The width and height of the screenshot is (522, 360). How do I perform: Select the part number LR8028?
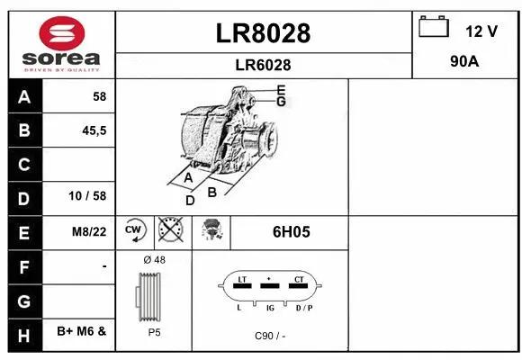coord(264,33)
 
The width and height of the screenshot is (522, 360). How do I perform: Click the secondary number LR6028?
coord(264,65)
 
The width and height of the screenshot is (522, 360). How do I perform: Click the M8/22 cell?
coord(89,231)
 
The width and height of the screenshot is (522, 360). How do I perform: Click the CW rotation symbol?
coord(135,231)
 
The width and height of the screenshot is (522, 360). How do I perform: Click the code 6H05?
coord(290,231)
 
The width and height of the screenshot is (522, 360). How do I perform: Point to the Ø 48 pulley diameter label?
coord(154,260)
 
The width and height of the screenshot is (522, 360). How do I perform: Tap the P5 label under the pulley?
coord(154,332)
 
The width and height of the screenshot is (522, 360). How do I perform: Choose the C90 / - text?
coord(269,336)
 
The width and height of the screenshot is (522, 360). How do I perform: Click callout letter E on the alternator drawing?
coord(282,89)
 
